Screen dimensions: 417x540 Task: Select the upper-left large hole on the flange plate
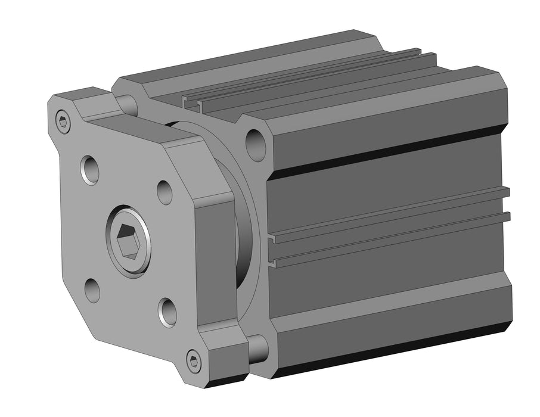pos(90,170)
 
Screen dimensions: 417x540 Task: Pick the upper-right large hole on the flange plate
pos(165,192)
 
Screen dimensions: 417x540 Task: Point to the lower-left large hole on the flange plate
pos(92,290)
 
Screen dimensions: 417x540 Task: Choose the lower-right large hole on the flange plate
pos(167,312)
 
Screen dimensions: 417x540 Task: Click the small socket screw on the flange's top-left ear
pos(63,122)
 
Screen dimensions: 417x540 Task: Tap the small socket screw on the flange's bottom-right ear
pos(193,360)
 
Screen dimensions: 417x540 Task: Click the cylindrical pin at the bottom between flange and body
pos(257,348)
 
